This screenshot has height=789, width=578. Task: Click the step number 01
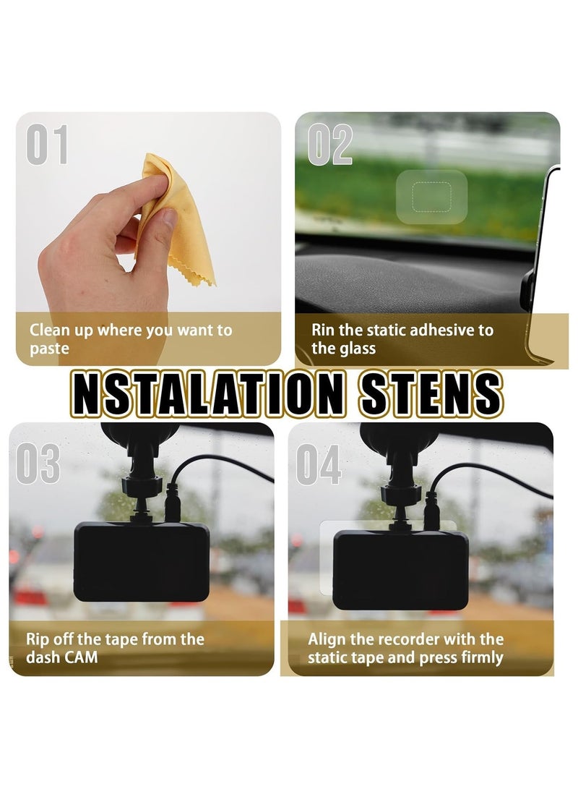click(48, 145)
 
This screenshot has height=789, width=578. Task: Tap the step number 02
click(330, 145)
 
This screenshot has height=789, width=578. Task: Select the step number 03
click(38, 464)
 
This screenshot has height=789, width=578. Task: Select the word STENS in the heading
click(426, 395)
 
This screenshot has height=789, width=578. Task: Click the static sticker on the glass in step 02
click(432, 197)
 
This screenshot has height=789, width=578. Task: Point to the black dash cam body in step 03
click(142, 561)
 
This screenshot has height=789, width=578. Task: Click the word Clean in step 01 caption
click(50, 330)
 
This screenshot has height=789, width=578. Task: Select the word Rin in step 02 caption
click(323, 330)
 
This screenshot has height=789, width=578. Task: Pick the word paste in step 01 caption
click(49, 349)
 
